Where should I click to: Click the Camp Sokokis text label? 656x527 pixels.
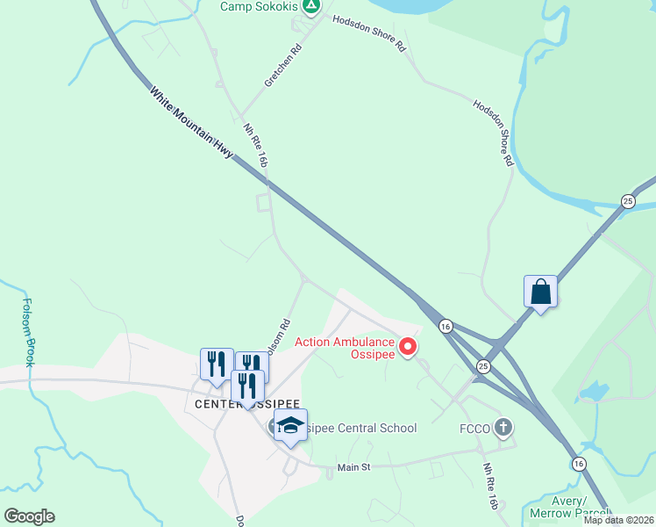(x=258, y=6)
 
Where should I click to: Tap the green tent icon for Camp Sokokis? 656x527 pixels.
(x=311, y=6)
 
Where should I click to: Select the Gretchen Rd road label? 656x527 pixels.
(x=282, y=65)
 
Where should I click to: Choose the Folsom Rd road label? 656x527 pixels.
(x=278, y=335)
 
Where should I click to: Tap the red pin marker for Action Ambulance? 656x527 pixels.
(x=408, y=348)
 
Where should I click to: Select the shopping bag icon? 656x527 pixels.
(x=541, y=292)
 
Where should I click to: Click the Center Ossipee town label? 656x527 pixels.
(x=231, y=403)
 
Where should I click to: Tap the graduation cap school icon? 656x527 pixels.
(x=290, y=426)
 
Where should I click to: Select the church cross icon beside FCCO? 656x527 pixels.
(x=503, y=428)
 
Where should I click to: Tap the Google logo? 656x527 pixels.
(x=29, y=516)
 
